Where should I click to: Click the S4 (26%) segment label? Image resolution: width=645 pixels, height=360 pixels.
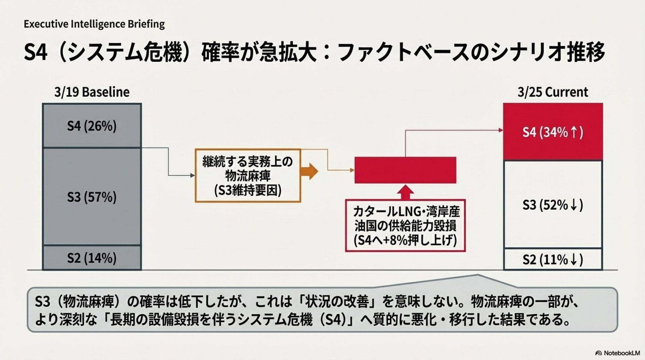[92, 126]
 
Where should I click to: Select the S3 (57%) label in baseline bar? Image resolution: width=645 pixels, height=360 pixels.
[92, 197]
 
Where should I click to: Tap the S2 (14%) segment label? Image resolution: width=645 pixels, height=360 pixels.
[92, 258]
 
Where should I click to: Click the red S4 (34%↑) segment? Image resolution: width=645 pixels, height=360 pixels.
[553, 132]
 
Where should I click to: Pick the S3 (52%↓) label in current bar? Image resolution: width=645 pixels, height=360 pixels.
[553, 205]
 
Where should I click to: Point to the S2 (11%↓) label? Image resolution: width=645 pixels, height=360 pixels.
[553, 259]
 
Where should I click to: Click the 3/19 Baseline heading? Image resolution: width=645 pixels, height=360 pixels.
[92, 92]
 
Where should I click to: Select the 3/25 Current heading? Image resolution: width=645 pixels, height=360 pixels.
[553, 92]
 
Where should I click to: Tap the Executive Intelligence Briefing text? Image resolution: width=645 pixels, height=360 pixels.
[94, 24]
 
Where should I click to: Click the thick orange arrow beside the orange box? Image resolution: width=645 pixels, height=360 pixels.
[309, 171]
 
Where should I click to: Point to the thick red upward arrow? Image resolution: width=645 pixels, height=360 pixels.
[405, 192]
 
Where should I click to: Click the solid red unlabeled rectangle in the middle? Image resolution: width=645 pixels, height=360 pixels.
[405, 170]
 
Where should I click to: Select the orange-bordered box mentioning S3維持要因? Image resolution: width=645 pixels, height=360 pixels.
[248, 176]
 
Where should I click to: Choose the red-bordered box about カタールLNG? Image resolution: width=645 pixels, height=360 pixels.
[405, 226]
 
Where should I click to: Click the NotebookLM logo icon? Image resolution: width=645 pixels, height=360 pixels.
[598, 353]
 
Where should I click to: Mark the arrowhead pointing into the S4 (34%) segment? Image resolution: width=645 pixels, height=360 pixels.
[501, 130]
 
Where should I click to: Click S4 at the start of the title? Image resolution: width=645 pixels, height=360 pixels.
[35, 53]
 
